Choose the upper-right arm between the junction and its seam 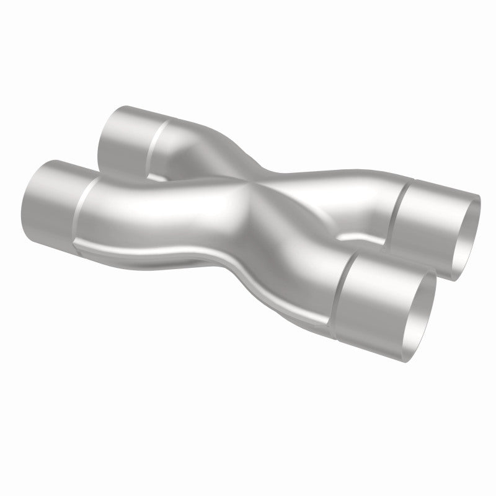pos(335,186)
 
